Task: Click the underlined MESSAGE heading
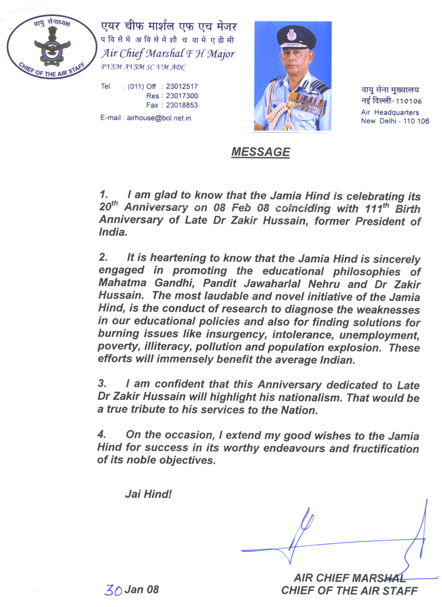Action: pyautogui.click(x=260, y=152)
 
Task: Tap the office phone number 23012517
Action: pyautogui.click(x=182, y=86)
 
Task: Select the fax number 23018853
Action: pyautogui.click(x=182, y=105)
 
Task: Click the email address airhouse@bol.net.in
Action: pyautogui.click(x=159, y=118)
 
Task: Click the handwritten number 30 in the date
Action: pyautogui.click(x=113, y=590)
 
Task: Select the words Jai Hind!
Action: pyautogui.click(x=148, y=494)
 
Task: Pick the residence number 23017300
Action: pyautogui.click(x=182, y=96)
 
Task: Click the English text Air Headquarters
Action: pyautogui.click(x=390, y=112)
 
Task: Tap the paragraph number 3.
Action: pyautogui.click(x=102, y=383)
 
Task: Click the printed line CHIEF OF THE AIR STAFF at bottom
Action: pyautogui.click(x=349, y=590)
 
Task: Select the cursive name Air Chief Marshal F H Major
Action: pyautogui.click(x=168, y=53)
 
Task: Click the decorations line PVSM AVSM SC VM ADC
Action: pyautogui.click(x=143, y=67)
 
